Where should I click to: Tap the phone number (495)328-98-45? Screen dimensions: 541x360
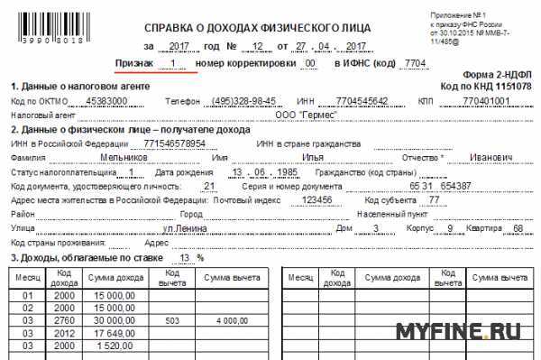coord(243,101)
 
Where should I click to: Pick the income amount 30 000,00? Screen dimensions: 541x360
coord(113,320)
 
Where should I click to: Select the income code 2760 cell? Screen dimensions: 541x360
coord(64,320)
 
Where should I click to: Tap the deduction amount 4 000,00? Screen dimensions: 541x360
coord(233,320)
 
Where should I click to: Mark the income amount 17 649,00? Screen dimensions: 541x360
coord(113,333)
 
